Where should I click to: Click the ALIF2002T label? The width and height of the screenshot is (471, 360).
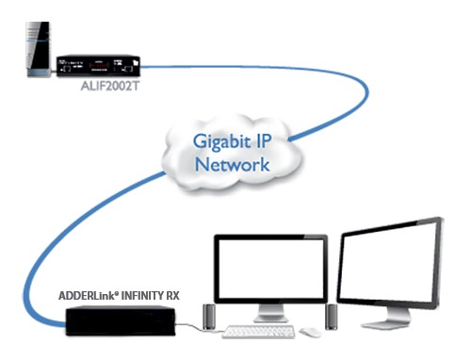click(109, 87)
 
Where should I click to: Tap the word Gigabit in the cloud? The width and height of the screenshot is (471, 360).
click(221, 142)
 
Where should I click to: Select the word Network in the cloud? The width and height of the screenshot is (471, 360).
click(233, 164)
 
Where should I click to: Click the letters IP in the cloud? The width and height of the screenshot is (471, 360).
click(264, 141)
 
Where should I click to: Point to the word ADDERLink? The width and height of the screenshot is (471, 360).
click(89, 296)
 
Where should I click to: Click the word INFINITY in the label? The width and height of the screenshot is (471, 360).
click(141, 296)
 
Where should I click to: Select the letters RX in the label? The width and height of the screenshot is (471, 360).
click(172, 296)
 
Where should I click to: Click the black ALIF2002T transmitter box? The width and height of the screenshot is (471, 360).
click(98, 66)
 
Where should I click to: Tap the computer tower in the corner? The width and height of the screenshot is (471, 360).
click(38, 49)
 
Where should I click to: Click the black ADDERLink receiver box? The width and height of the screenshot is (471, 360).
click(121, 321)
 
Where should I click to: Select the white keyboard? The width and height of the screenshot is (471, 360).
click(258, 332)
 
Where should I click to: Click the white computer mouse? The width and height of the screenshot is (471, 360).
click(310, 332)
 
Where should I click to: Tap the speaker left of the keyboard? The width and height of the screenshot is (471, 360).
click(209, 317)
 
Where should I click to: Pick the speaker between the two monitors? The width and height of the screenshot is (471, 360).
click(332, 317)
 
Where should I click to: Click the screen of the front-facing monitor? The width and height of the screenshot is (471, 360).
click(271, 269)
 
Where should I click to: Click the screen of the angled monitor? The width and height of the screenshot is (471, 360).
click(389, 263)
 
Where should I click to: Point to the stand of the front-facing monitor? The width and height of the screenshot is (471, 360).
click(270, 313)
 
